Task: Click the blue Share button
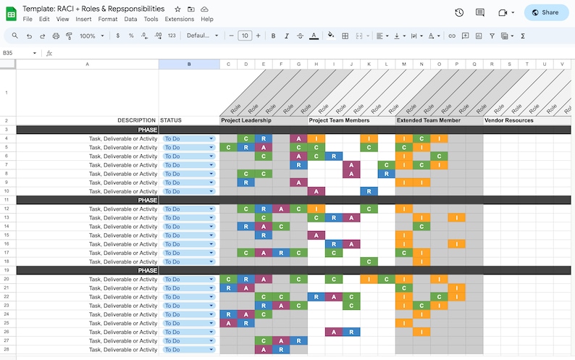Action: pyautogui.click(x=546, y=12)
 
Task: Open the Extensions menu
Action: pyautogui.click(x=179, y=19)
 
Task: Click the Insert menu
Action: pyautogui.click(x=83, y=19)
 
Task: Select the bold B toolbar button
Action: pyautogui.click(x=273, y=35)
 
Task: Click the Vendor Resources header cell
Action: pyautogui.click(x=510, y=120)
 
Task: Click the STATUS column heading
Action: pyautogui.click(x=172, y=120)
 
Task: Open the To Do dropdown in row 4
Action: pyautogui.click(x=211, y=138)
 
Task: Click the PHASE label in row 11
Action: pyautogui.click(x=148, y=200)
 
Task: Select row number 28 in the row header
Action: pyautogui.click(x=6, y=349)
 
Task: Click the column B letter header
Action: pyautogui.click(x=189, y=64)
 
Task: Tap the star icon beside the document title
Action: pyautogui.click(x=177, y=9)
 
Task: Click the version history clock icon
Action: pyautogui.click(x=459, y=12)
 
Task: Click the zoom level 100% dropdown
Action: pyautogui.click(x=91, y=35)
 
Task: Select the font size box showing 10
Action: pyautogui.click(x=245, y=35)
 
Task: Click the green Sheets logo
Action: pyautogui.click(x=11, y=13)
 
